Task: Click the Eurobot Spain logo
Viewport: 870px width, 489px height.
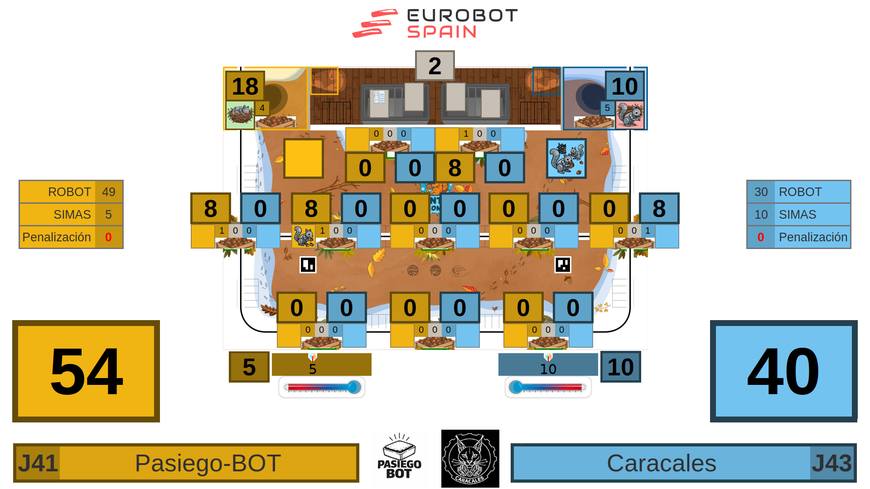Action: click(435, 24)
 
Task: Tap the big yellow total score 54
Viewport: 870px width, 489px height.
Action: click(86, 371)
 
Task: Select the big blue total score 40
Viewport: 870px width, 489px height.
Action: click(783, 371)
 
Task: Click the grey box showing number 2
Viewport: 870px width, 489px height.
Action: click(435, 66)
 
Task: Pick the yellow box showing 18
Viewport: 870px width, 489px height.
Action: click(245, 86)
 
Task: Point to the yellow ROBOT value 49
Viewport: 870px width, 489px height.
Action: click(109, 192)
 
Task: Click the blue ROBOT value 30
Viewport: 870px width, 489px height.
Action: click(761, 192)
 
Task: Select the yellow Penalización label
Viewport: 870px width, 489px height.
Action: click(57, 237)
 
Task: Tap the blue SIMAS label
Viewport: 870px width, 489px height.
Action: click(797, 215)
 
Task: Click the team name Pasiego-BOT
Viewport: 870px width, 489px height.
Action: click(208, 463)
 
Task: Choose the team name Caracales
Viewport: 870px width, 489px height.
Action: click(661, 463)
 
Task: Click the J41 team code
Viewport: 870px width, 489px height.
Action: click(38, 463)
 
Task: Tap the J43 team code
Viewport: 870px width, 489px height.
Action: click(831, 463)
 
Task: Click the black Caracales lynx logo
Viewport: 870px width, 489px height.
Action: click(470, 458)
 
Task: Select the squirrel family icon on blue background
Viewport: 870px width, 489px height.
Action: click(566, 158)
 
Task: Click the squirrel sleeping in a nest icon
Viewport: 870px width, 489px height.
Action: click(240, 115)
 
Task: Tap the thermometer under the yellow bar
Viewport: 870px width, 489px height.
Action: click(322, 387)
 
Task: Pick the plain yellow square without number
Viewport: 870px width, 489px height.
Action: click(303, 158)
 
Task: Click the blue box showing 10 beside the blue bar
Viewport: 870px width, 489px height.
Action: click(620, 367)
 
